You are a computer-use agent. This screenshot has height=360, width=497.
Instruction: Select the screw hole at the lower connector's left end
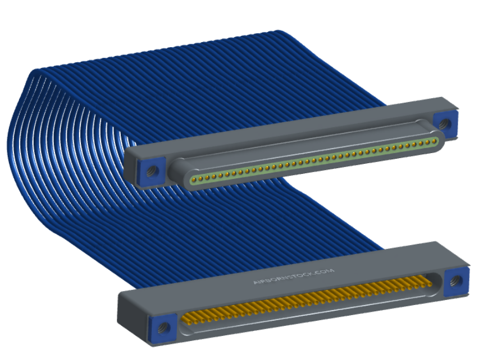[164, 326]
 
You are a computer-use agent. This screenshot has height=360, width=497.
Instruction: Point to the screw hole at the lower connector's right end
[456, 280]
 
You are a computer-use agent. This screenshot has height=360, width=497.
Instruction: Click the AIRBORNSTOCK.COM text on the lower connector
[294, 276]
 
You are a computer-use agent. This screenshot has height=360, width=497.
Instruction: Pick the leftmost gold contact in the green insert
[194, 180]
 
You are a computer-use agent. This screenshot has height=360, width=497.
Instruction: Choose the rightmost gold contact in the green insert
[434, 141]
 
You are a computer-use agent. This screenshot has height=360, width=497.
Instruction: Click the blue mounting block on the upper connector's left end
[151, 171]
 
